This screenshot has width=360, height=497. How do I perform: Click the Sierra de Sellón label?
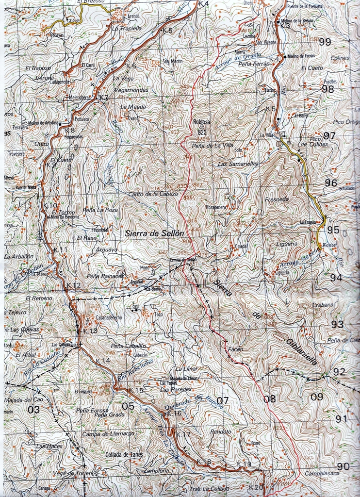point(154,233)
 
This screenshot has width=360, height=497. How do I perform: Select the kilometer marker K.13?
point(90,331)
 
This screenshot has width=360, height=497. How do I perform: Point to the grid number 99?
point(325,42)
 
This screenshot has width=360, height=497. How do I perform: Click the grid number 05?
point(128,406)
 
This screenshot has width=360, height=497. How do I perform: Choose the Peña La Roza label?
point(100,210)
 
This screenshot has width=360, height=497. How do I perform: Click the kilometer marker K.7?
point(103,98)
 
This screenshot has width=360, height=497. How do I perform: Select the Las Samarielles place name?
point(238,164)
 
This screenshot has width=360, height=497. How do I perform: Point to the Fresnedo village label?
point(277,199)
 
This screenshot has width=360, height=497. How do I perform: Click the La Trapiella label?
point(127,28)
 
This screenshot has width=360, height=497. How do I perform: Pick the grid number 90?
point(343,466)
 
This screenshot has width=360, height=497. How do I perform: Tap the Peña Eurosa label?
point(92,410)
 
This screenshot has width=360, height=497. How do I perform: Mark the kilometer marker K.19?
point(245,464)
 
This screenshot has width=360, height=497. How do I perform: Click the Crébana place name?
point(323,305)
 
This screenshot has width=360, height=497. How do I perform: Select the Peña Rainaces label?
point(105,276)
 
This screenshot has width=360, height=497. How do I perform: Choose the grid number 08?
point(270,399)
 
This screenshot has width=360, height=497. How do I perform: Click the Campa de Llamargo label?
point(108,433)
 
